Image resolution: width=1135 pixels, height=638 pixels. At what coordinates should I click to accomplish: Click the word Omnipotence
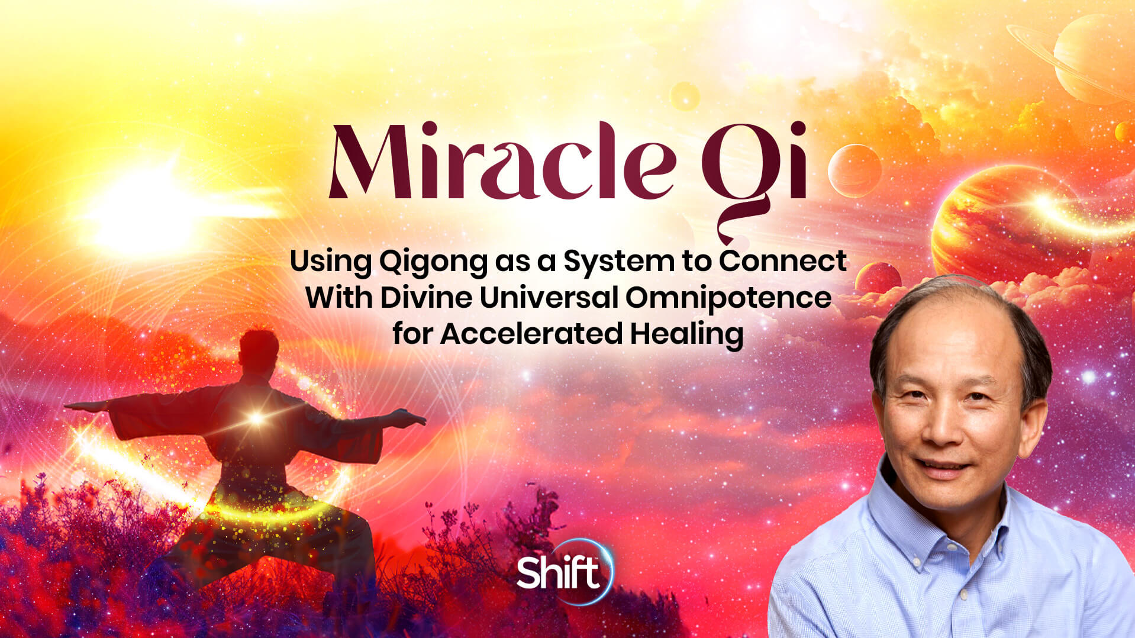[x=728, y=297]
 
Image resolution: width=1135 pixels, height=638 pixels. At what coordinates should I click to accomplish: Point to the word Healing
[x=686, y=334]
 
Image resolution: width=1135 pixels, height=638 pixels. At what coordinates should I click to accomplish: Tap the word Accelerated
[x=531, y=334]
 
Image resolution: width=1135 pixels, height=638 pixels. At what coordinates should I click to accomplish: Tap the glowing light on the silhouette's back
[x=256, y=418]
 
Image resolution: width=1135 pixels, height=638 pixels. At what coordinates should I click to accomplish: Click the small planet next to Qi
[x=854, y=170]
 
